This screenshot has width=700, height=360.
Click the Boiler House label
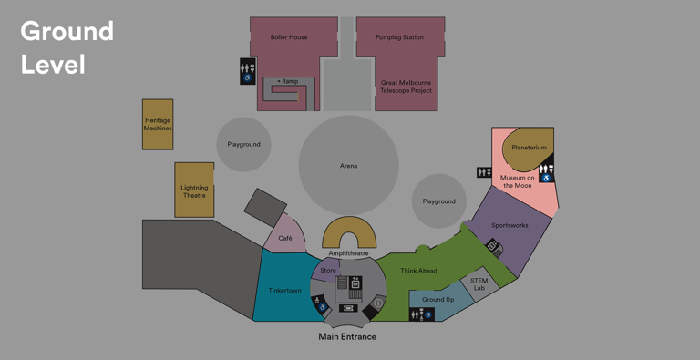pos(289,37)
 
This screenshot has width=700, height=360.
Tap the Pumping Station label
pos(399,37)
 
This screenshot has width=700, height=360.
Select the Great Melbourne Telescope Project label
pos(406,87)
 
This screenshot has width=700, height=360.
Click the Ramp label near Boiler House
pos(289,81)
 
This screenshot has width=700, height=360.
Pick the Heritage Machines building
pos(158,125)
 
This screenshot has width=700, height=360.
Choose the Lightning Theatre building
pos(194,190)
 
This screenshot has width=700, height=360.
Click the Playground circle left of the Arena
pos(243,144)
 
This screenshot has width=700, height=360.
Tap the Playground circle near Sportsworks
pos(438,201)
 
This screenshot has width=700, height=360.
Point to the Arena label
pos(348,166)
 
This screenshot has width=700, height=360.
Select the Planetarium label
pos(529,148)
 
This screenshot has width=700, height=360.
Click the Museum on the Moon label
pos(517,181)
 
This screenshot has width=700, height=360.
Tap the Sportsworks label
pos(510,225)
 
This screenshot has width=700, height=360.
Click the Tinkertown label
pos(285,290)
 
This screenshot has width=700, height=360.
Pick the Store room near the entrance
pos(328,271)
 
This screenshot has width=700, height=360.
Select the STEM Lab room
pos(479,284)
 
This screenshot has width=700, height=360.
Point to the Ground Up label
pos(437,299)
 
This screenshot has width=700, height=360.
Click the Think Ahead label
pos(418,271)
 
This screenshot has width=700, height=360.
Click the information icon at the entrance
pos(378,303)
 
